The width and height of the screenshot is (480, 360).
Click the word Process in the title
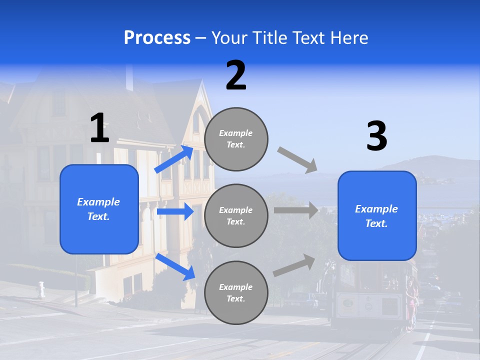(157, 37)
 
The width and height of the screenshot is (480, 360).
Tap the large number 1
(99, 128)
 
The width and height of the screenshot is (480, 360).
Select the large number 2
(236, 75)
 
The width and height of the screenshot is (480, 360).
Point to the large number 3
(376, 136)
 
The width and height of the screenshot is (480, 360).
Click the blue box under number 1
(99, 209)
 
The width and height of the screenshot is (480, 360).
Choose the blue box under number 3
(377, 215)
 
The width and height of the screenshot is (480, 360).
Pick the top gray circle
(236, 139)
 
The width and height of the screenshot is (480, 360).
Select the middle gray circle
(236, 215)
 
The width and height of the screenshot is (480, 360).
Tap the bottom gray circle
(236, 292)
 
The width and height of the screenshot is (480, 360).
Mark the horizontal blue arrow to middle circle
(175, 211)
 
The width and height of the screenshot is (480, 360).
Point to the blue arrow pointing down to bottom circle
(175, 266)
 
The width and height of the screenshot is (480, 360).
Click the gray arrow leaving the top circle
(297, 159)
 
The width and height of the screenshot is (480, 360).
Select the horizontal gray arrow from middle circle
(296, 210)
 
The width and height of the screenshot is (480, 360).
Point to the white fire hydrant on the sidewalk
(41, 289)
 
